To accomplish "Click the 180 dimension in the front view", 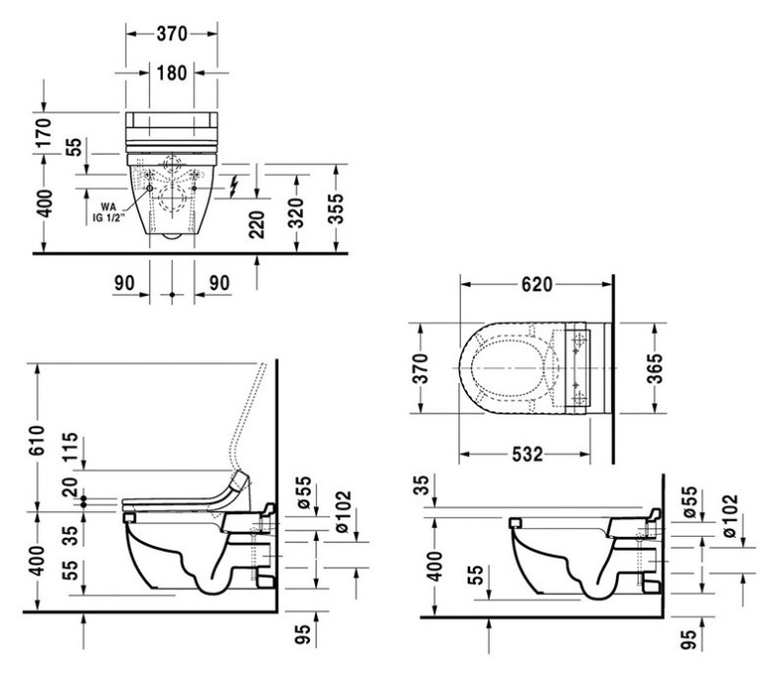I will coord(171,73).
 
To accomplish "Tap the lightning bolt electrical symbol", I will coord(234,185).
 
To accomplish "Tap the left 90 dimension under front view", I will coord(124,282).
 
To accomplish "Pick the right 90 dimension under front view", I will coord(218,282).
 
